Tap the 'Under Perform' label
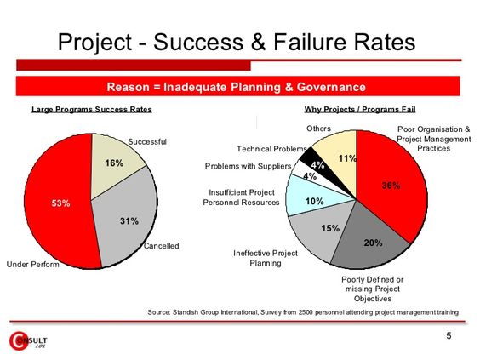pos(33,265)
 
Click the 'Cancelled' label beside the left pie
pos(161,246)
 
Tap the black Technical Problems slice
pos(316,161)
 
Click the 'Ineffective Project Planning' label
pos(266,259)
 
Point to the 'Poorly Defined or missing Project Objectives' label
pos(372,289)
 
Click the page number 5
pos(449,337)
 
